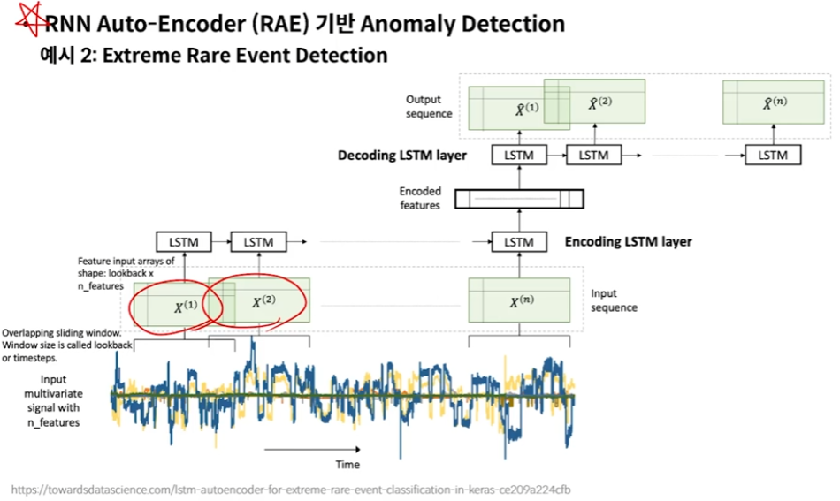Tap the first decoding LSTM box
[x=519, y=155]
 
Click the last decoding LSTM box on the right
[x=773, y=155]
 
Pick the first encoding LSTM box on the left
[x=184, y=241]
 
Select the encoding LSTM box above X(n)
[x=519, y=241]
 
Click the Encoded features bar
[x=519, y=199]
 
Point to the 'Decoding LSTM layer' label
[x=401, y=156]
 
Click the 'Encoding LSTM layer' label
[x=628, y=241]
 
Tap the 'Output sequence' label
[x=428, y=107]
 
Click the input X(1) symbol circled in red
[x=184, y=307]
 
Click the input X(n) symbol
[x=522, y=301]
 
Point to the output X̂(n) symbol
[x=775, y=103]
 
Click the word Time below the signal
[x=347, y=465]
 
